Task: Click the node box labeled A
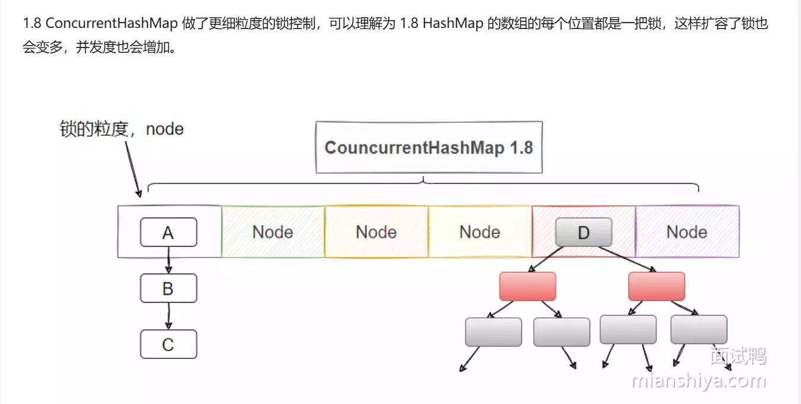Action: pos(168,232)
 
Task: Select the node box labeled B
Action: pos(168,288)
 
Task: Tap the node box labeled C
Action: pos(168,344)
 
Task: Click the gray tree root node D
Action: pos(583,232)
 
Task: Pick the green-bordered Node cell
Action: pos(273,232)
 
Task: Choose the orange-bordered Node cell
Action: pos(376,232)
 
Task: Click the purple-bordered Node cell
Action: pos(686,232)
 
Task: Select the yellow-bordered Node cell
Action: pos(479,232)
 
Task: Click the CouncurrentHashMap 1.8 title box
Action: pos(428,147)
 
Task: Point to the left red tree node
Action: pos(527,287)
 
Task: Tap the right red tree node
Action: pos(656,287)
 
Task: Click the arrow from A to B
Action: pos(169,260)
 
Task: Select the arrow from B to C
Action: pos(169,316)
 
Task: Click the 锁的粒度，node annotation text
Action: pos(122,129)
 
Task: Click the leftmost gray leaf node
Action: pos(493,332)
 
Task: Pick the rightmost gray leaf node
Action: pos(698,330)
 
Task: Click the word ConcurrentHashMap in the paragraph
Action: pos(112,24)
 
